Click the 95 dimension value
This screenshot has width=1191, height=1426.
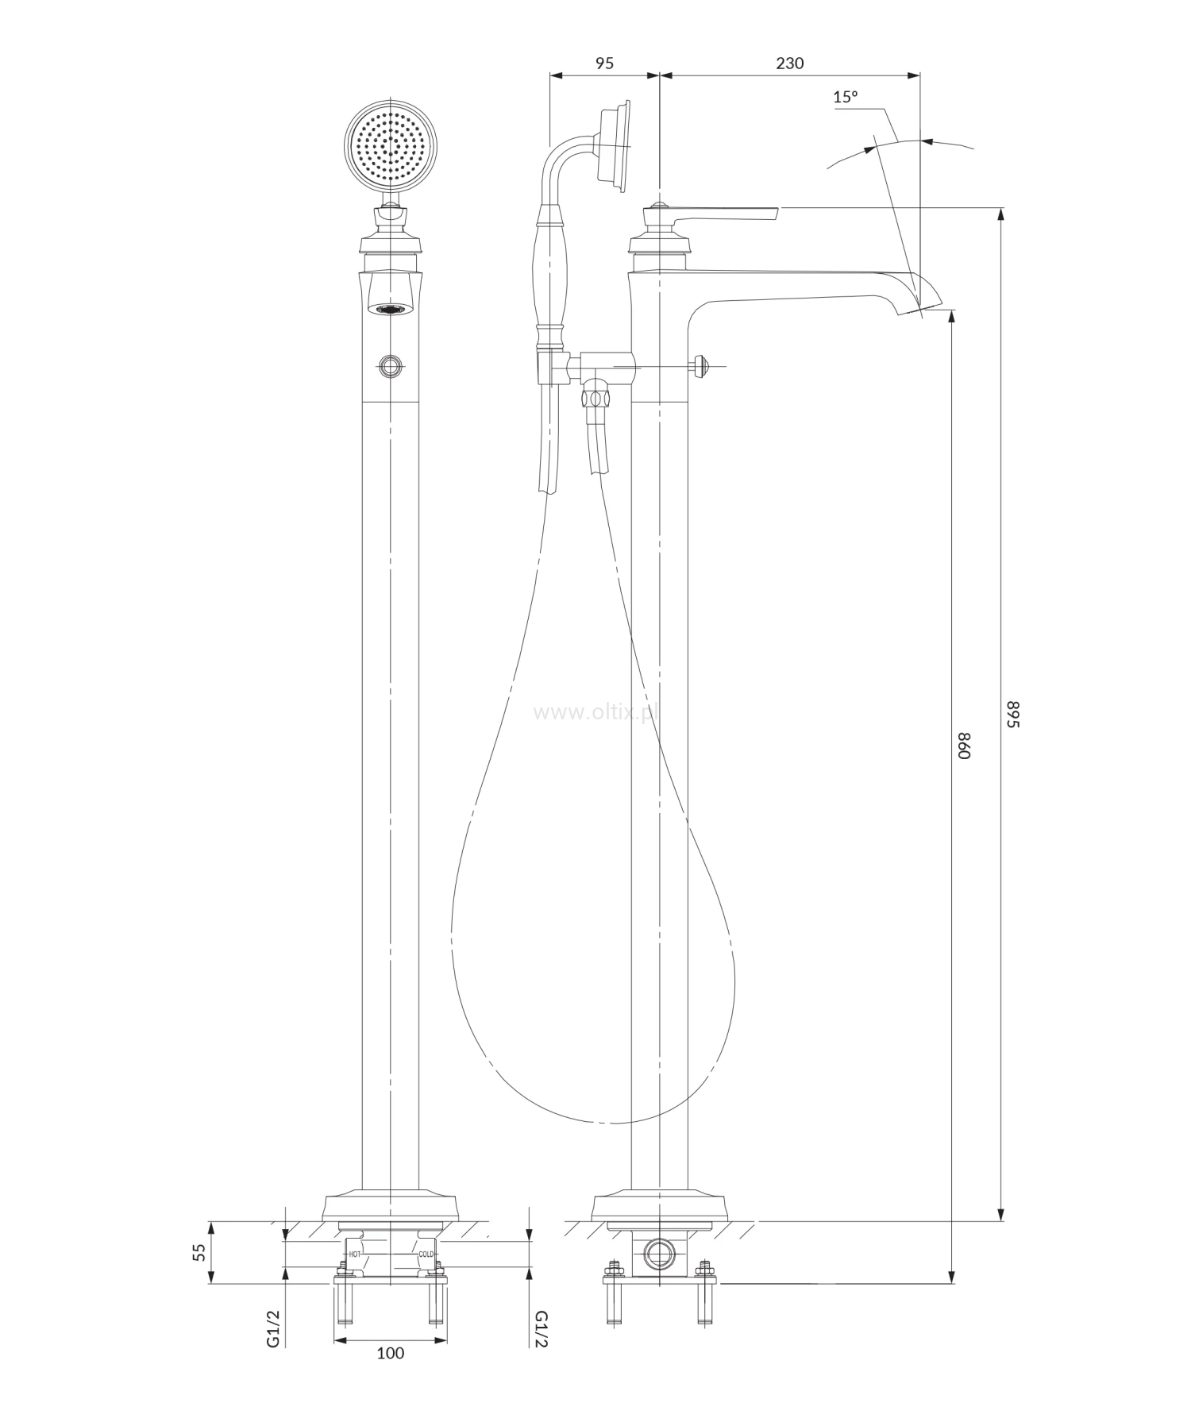(604, 63)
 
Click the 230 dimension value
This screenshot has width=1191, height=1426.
(789, 63)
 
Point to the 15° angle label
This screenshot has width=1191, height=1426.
(846, 97)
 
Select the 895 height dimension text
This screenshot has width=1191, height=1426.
(1012, 714)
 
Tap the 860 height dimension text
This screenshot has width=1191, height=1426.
(964, 746)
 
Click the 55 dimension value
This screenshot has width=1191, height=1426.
(198, 1252)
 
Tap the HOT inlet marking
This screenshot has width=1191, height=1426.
(355, 1254)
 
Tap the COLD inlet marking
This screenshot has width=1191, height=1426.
(426, 1254)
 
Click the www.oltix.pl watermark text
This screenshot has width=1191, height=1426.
(596, 713)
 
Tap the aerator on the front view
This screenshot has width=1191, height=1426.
(390, 309)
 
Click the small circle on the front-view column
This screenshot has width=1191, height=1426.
(390, 365)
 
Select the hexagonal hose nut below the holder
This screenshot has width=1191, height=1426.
(595, 395)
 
